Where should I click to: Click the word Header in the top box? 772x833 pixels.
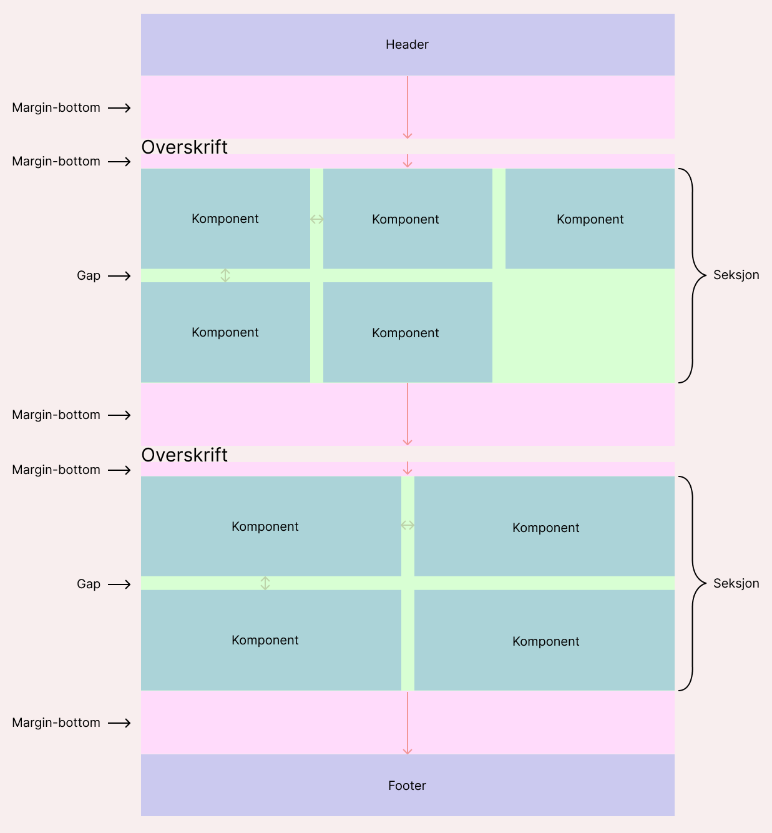(407, 44)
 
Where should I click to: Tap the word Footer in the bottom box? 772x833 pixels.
(407, 786)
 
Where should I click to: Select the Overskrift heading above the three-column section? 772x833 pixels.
(185, 147)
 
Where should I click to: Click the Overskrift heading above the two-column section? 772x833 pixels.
(185, 455)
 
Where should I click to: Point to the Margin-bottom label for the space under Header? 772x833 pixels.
(56, 107)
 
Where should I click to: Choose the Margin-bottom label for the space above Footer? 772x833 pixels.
(56, 722)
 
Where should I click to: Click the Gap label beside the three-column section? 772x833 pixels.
(89, 275)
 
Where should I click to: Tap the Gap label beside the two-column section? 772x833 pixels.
(89, 584)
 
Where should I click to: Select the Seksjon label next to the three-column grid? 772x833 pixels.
(736, 275)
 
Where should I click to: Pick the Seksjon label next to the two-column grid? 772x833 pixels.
(736, 583)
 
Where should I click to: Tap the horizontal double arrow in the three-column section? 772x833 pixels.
(317, 219)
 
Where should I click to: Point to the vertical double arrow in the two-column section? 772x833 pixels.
(265, 583)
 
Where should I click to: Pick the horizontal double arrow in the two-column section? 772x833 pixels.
(408, 525)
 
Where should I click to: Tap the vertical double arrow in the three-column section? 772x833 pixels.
(225, 275)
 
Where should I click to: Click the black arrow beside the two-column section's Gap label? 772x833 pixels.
(120, 584)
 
